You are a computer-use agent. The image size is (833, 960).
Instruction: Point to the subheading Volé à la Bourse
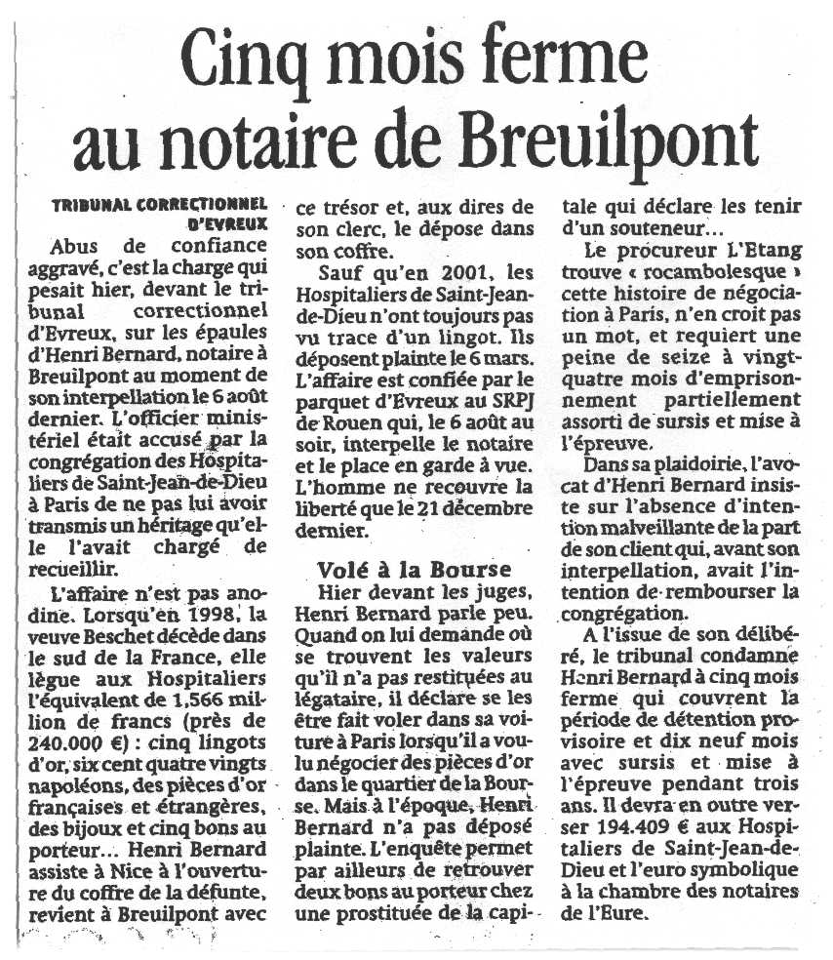[x=414, y=570]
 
